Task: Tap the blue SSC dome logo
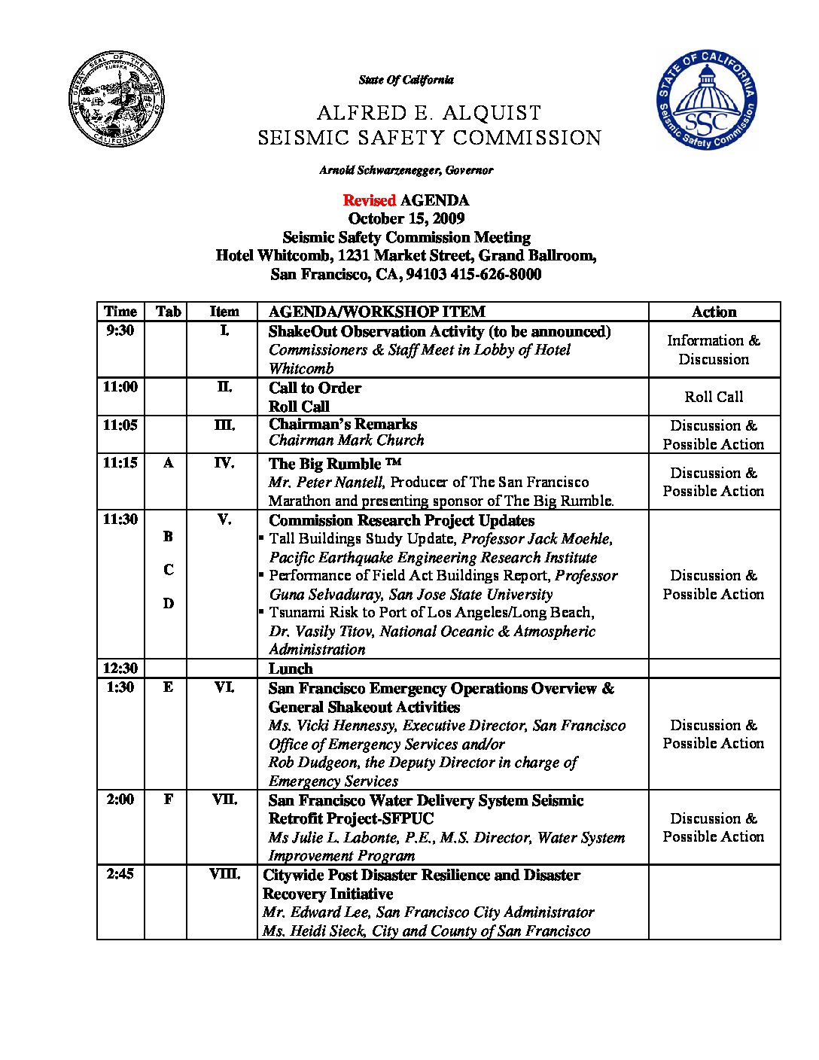click(x=707, y=100)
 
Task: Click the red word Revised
click(x=369, y=200)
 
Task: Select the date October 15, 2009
click(x=406, y=218)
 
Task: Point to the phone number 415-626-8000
click(x=495, y=274)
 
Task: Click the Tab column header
click(x=168, y=312)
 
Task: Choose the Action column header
click(x=714, y=312)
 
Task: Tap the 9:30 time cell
click(x=120, y=330)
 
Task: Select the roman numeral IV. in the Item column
click(x=224, y=463)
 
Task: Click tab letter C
click(x=168, y=570)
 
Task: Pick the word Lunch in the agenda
click(x=290, y=669)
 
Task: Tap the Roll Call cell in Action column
click(x=714, y=397)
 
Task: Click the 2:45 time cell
click(x=120, y=874)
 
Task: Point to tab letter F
click(x=168, y=800)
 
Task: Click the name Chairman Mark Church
click(x=346, y=440)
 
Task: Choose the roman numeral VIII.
click(x=224, y=874)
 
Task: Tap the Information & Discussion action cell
click(x=714, y=350)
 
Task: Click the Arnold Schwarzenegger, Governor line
click(x=406, y=170)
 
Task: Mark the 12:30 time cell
click(x=120, y=669)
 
